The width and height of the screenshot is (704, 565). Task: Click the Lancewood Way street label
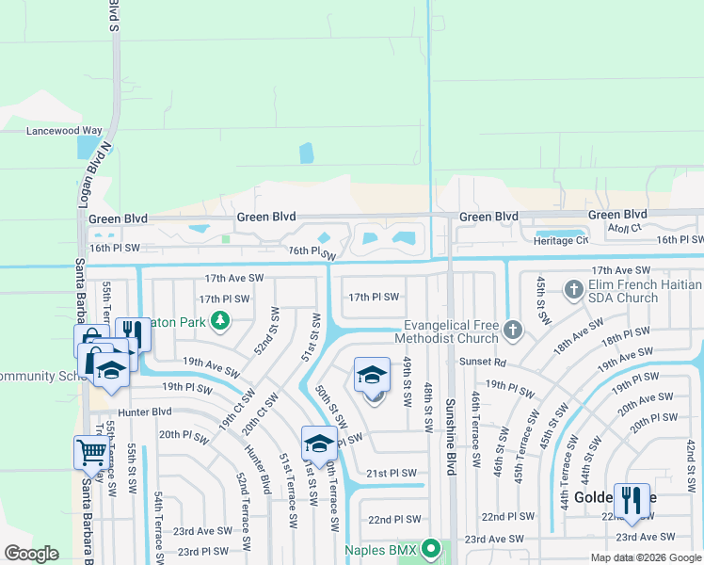[64, 131]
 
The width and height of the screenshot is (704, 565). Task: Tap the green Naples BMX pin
[431, 547]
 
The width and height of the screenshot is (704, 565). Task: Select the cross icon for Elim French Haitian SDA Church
[574, 288]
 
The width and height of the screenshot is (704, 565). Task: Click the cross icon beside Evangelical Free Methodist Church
[512, 330]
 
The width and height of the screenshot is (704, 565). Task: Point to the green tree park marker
[220, 321]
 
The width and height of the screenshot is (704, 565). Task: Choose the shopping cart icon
[90, 452]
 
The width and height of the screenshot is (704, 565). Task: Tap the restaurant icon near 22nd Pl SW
[632, 500]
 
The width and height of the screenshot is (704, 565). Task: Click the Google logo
[31, 554]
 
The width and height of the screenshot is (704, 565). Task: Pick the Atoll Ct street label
[623, 228]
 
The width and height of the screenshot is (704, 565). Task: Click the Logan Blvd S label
[113, 17]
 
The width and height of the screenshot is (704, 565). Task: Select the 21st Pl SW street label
[391, 474]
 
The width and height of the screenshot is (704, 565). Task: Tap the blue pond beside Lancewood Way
[87, 147]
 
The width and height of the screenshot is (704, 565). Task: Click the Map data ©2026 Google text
[645, 557]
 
